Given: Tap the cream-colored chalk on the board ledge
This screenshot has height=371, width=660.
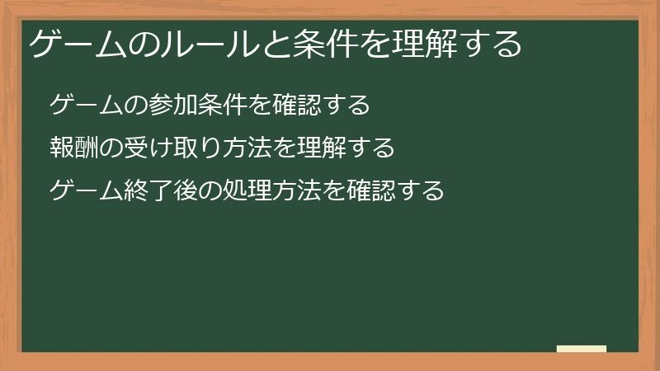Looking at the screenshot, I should (x=582, y=349).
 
